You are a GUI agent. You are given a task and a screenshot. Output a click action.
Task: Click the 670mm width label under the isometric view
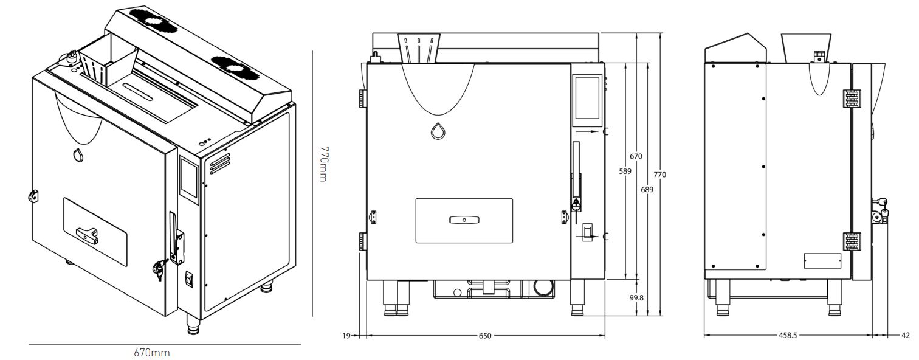(151, 352)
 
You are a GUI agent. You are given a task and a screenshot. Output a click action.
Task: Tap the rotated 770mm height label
(323, 164)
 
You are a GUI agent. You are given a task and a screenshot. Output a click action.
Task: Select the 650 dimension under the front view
(485, 336)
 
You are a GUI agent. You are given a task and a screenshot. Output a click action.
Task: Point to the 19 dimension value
(346, 336)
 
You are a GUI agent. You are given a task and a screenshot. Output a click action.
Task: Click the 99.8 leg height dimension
(636, 298)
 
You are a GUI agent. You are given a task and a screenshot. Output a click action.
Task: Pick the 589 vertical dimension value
(625, 171)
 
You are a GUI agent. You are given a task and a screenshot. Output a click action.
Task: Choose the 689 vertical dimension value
(647, 189)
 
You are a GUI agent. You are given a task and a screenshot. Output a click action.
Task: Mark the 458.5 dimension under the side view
(788, 335)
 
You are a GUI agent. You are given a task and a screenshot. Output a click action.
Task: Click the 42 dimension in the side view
(906, 335)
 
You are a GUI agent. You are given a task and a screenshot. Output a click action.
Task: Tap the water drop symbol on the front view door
(438, 131)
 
